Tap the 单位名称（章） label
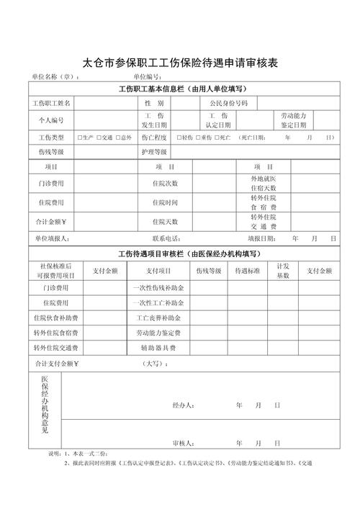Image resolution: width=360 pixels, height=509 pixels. click(50, 78)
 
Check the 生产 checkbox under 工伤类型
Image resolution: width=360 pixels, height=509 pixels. click(79, 137)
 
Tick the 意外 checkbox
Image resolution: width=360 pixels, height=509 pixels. click(119, 137)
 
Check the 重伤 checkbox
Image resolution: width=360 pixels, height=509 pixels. click(198, 137)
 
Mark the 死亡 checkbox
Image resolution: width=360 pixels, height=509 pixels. click(217, 137)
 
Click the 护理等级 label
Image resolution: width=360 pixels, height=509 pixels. click(154, 152)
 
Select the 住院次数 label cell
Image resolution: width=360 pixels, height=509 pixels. click(165, 184)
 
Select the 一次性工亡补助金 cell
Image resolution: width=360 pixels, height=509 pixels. click(165, 302)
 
